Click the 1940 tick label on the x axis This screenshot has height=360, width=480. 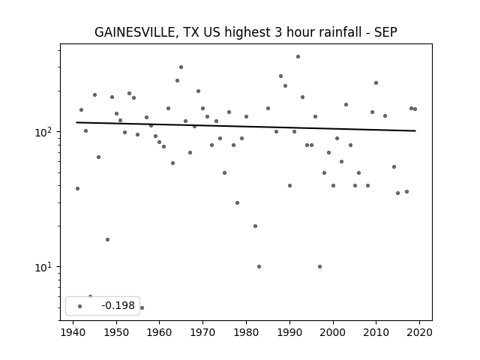point(73,332)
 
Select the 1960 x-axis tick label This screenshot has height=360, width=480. point(160,332)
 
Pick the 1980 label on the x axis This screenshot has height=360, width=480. point(246,332)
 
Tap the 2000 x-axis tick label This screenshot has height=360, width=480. point(333,332)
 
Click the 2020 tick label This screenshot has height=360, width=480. point(419,332)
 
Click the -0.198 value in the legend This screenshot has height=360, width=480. point(118,305)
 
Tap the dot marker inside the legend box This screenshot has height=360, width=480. point(80,306)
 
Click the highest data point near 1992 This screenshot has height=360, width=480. point(298,57)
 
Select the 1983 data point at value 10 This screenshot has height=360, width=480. point(259,267)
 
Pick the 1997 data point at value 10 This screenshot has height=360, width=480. point(320,267)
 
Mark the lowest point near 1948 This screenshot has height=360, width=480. point(107,240)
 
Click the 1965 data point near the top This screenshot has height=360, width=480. point(181,67)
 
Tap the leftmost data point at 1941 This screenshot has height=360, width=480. point(77,188)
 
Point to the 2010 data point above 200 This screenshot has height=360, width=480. point(376,83)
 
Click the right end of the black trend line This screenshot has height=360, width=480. point(415,130)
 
